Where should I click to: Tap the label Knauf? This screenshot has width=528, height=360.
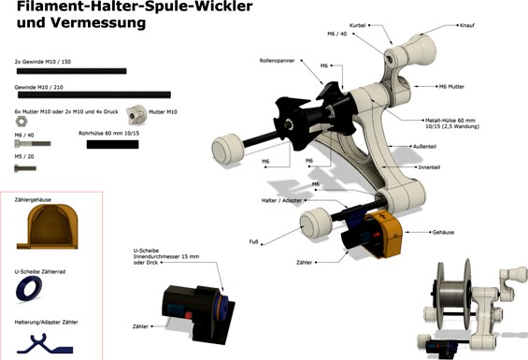click(x=467, y=27)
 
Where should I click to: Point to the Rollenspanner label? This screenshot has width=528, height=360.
click(x=278, y=60)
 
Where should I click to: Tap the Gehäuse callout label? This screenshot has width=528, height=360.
click(x=444, y=231)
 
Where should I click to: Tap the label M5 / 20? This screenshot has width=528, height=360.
click(x=26, y=157)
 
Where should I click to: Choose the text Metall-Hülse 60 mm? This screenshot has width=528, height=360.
click(x=450, y=120)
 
